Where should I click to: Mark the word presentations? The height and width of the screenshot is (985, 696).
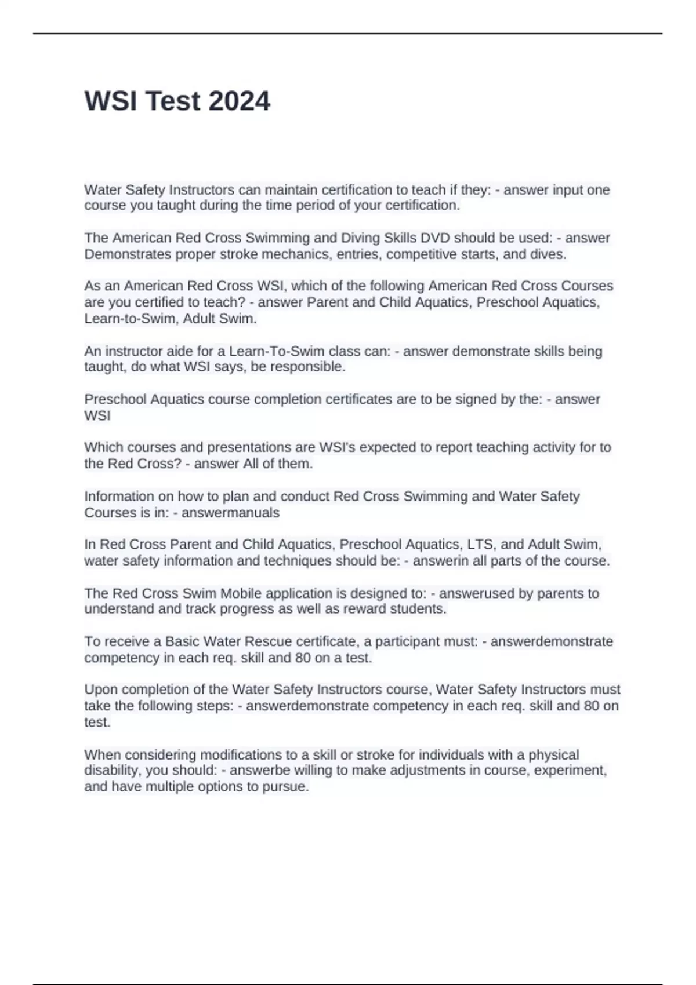250,447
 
